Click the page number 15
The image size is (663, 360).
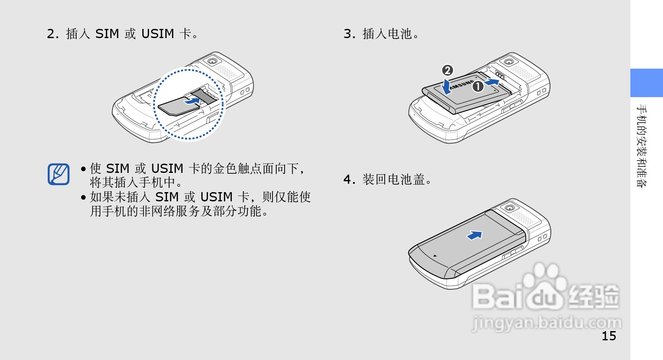click(609, 336)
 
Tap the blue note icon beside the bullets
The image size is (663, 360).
click(59, 174)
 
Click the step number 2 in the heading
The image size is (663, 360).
click(52, 34)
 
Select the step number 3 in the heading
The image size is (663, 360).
click(349, 34)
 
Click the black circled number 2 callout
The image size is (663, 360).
click(447, 70)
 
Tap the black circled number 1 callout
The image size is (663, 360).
click(478, 87)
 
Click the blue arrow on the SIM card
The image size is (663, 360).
click(193, 101)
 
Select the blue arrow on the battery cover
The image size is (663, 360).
click(475, 235)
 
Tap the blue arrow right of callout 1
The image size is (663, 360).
click(492, 82)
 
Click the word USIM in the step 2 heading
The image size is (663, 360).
click(157, 34)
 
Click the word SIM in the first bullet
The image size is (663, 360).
click(118, 169)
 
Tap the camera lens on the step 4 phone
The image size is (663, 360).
click(509, 208)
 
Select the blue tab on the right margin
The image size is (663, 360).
click(646, 83)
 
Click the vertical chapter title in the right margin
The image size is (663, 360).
click(641, 146)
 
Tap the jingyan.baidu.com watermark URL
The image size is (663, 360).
click(547, 323)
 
